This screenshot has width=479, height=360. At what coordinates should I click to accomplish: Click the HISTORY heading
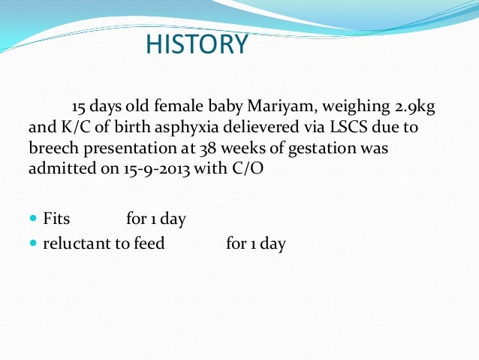coord(196,45)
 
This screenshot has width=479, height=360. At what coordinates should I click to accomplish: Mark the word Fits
coord(56,219)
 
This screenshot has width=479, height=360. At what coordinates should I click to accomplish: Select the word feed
coord(148,244)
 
